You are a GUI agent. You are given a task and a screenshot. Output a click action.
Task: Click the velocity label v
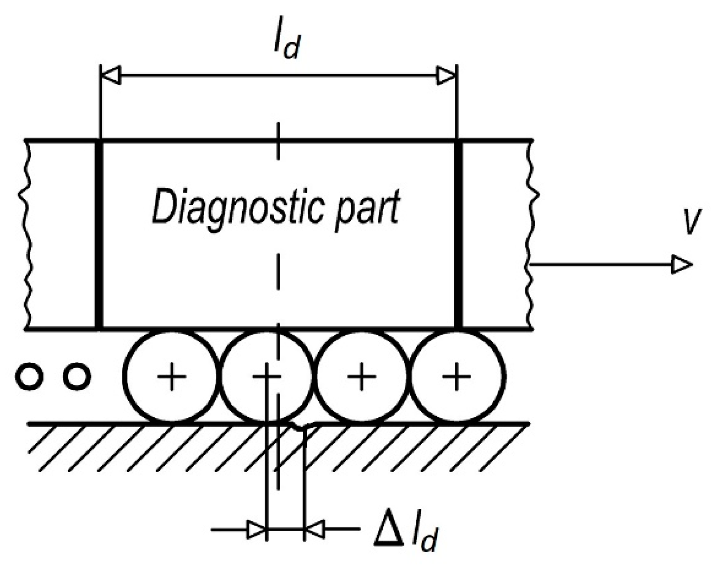click(x=689, y=221)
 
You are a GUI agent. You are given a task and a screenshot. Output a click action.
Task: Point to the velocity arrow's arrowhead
click(x=682, y=264)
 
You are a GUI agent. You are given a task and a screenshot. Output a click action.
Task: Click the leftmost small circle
click(x=29, y=376)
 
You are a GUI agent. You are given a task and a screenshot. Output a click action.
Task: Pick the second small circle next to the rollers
click(x=76, y=376)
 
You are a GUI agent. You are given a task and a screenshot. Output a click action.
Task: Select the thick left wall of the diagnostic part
click(x=99, y=234)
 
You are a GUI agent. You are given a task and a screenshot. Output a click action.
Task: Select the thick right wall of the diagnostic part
click(x=458, y=234)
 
